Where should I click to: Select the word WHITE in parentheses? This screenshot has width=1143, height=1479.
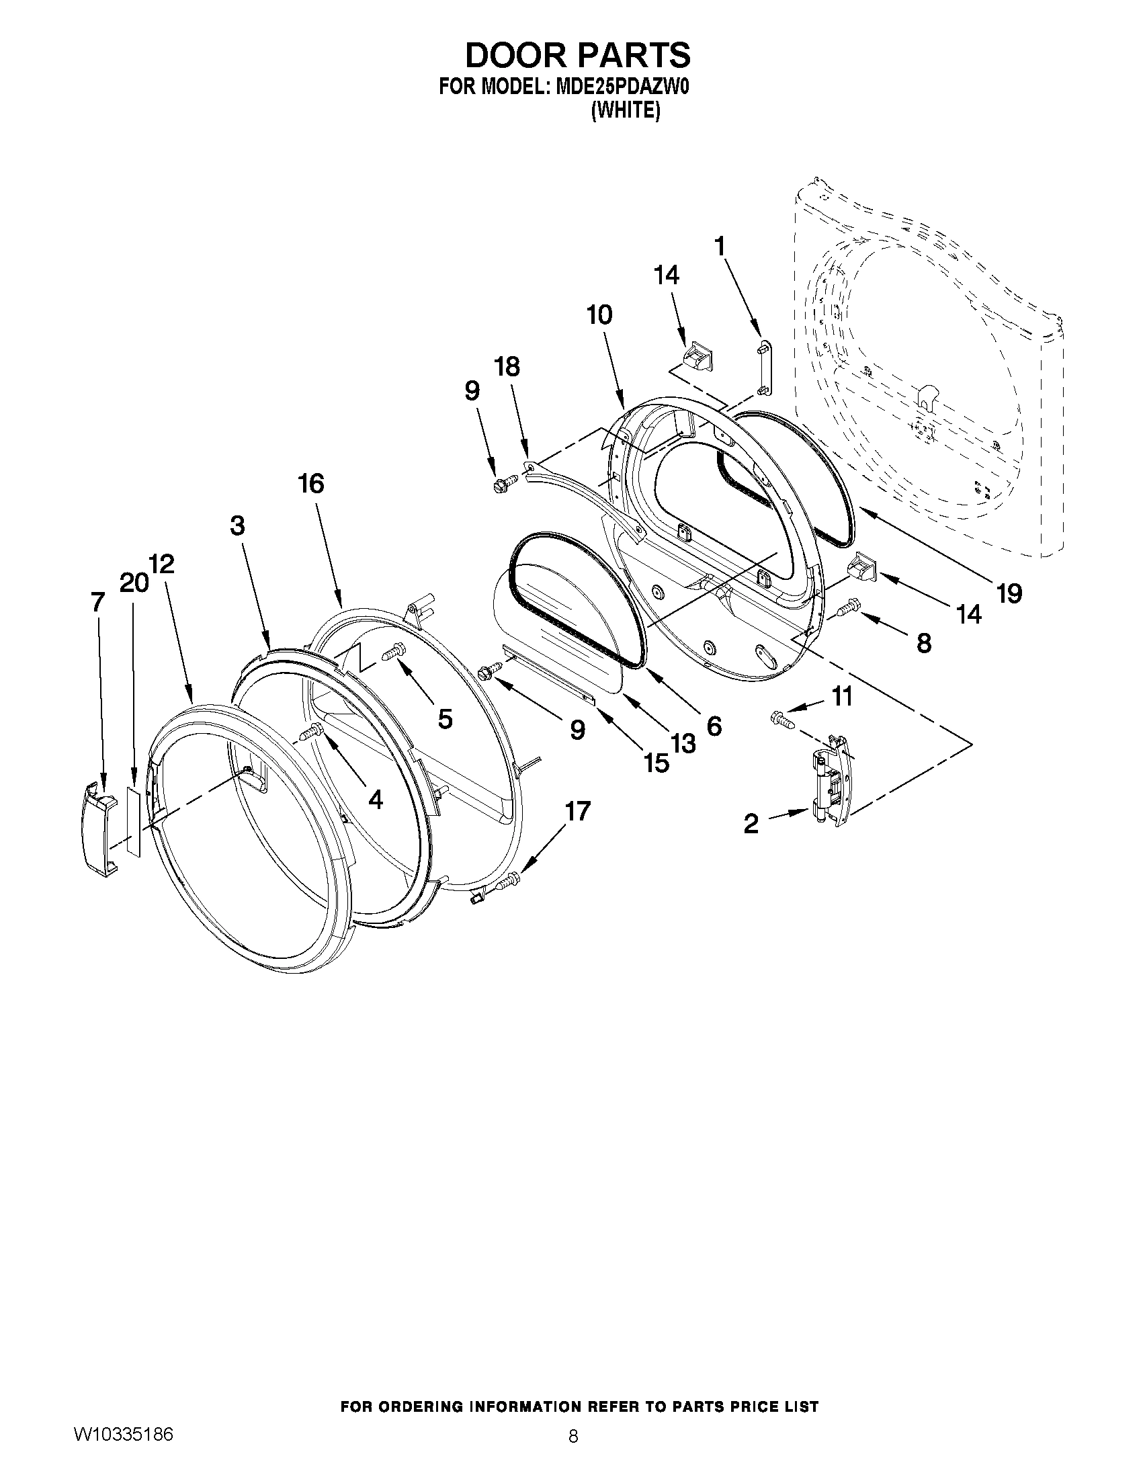625,110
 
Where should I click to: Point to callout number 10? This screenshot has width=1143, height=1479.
599,315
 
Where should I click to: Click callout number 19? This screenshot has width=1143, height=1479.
1008,594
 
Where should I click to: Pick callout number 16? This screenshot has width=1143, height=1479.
312,484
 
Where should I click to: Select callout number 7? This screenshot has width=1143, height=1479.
98,601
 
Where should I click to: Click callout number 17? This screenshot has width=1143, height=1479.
578,810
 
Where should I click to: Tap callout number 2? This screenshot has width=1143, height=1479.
751,824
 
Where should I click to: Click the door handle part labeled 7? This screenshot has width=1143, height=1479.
99,829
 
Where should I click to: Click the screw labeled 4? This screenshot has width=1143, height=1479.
313,732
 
